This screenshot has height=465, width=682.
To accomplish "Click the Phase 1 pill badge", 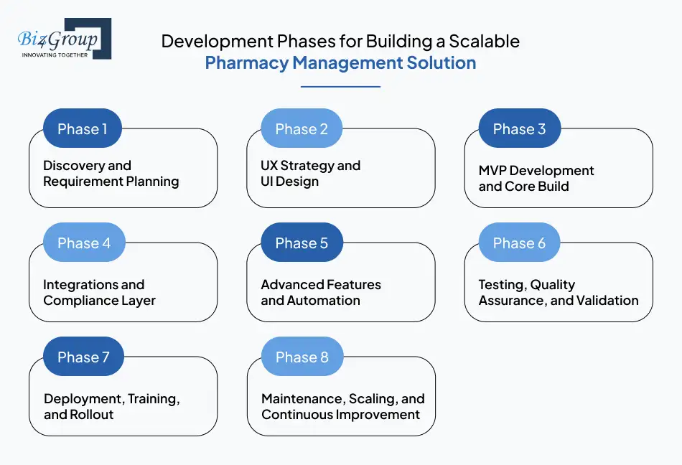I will point(83,129).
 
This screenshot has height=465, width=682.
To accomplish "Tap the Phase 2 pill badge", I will point(302,129).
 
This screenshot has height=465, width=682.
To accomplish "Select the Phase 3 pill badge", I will point(519,129).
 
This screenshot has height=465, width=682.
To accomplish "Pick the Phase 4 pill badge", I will point(84,243).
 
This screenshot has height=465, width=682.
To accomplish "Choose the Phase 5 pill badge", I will point(302,243).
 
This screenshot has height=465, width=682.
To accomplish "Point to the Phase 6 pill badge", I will point(519,243).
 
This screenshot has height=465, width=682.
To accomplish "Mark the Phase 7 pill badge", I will point(83,357).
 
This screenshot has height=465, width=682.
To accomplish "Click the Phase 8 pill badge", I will point(302,357).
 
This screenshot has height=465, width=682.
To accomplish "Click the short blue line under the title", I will point(340,87).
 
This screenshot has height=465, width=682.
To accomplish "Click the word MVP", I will point(493,171).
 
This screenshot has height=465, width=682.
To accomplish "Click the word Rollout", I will point(91,415).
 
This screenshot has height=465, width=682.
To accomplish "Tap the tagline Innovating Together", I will point(55,55).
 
